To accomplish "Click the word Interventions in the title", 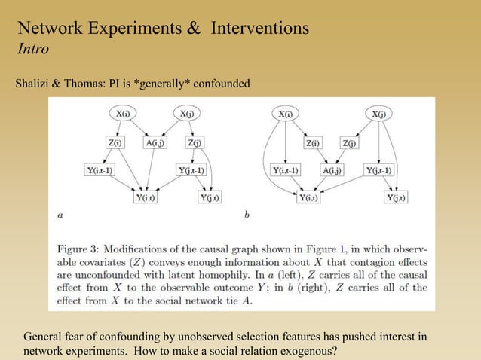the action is (x=260, y=29).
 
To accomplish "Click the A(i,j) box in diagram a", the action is (x=157, y=142).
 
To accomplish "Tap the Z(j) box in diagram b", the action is (x=351, y=142).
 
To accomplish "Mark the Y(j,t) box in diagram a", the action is (x=209, y=197).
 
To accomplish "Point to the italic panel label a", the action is (x=60, y=215).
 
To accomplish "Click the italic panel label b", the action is (x=247, y=215).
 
